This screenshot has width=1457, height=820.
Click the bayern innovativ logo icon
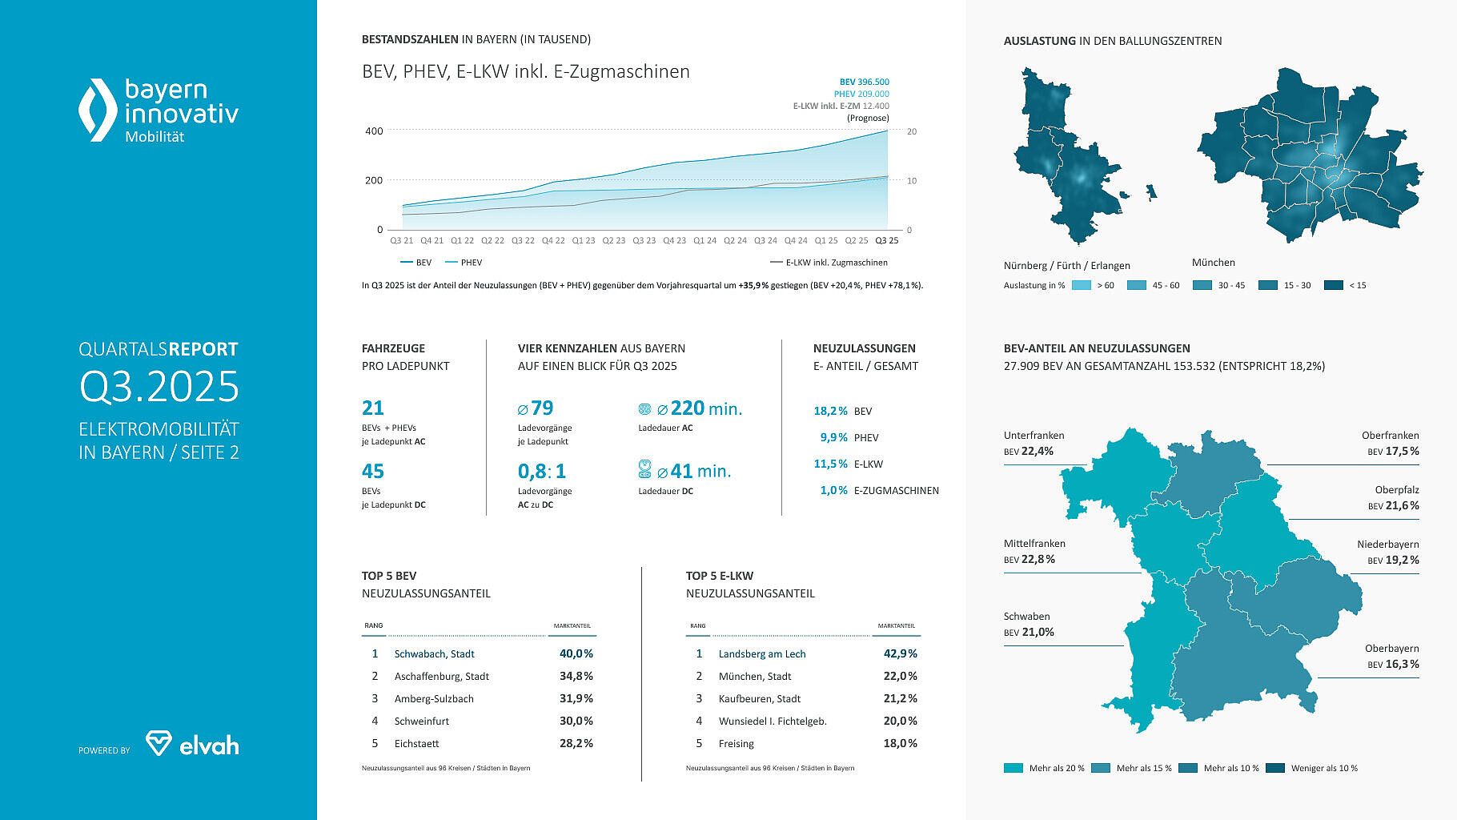point(98,110)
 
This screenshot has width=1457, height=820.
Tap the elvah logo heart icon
point(159,742)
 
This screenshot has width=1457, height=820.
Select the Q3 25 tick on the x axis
point(886,240)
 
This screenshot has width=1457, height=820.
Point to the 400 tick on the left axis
point(374,131)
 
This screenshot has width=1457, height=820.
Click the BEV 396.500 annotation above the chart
point(864,82)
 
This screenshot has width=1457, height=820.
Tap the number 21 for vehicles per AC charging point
point(373,408)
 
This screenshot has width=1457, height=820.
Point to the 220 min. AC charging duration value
point(706,408)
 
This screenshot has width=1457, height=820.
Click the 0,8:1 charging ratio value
point(541,472)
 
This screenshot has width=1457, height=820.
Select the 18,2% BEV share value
point(830,411)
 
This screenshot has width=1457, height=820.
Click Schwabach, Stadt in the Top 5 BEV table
point(434,654)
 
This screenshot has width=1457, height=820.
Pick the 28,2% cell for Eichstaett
point(576,744)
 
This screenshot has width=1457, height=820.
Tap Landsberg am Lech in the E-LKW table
point(761,654)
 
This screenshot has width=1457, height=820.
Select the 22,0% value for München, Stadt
point(900,677)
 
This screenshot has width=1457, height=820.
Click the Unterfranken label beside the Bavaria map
point(1034,436)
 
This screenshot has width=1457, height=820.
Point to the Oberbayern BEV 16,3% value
point(1393,664)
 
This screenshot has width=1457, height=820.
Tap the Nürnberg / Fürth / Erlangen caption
point(1066,266)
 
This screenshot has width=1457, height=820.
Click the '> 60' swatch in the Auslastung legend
point(1081,285)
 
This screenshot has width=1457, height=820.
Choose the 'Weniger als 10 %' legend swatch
point(1275,768)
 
